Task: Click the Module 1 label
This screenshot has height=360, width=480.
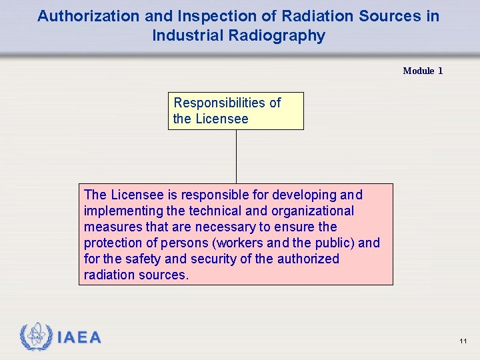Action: [x=423, y=71]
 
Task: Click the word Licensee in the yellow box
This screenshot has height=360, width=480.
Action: [x=221, y=119]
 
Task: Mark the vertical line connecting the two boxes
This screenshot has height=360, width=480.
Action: [x=236, y=156]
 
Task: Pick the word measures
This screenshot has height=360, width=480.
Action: [x=109, y=227]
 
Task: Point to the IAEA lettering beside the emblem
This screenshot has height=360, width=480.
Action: [x=79, y=338]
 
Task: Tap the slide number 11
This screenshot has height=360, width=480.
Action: [x=463, y=341]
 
